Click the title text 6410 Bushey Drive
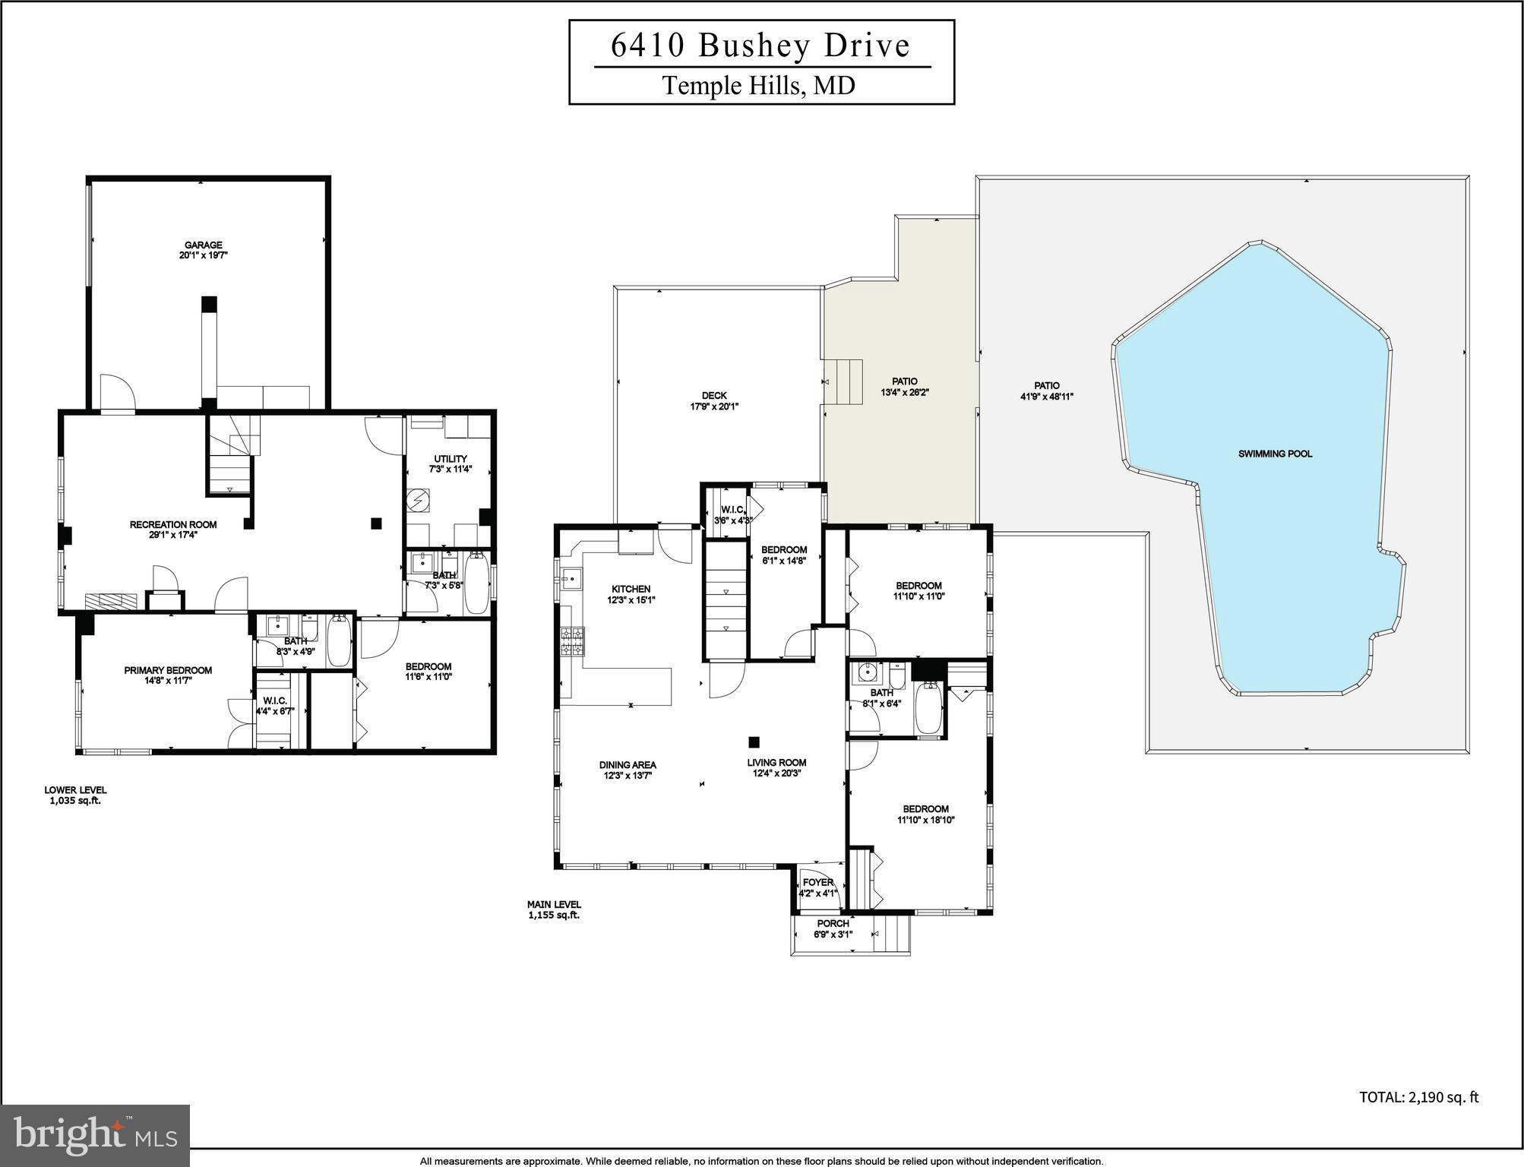pyautogui.click(x=760, y=46)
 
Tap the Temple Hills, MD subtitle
pyautogui.click(x=759, y=85)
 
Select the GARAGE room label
pyautogui.click(x=203, y=245)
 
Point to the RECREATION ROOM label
pyautogui.click(x=173, y=524)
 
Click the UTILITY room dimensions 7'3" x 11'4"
pyautogui.click(x=451, y=470)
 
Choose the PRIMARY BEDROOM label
pyautogui.click(x=168, y=670)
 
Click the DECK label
pyautogui.click(x=713, y=395)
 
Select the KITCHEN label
pyautogui.click(x=631, y=589)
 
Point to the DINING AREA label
pyautogui.click(x=628, y=765)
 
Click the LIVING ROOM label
pyautogui.click(x=776, y=762)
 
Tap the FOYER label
pyautogui.click(x=817, y=882)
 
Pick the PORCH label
pyautogui.click(x=833, y=923)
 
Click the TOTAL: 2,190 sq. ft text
pyautogui.click(x=1418, y=1096)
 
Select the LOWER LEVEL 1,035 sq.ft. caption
pyautogui.click(x=75, y=795)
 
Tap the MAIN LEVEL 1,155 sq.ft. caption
pyautogui.click(x=554, y=909)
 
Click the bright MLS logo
pyautogui.click(x=95, y=1136)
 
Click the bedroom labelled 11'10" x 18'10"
pyautogui.click(x=925, y=814)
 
